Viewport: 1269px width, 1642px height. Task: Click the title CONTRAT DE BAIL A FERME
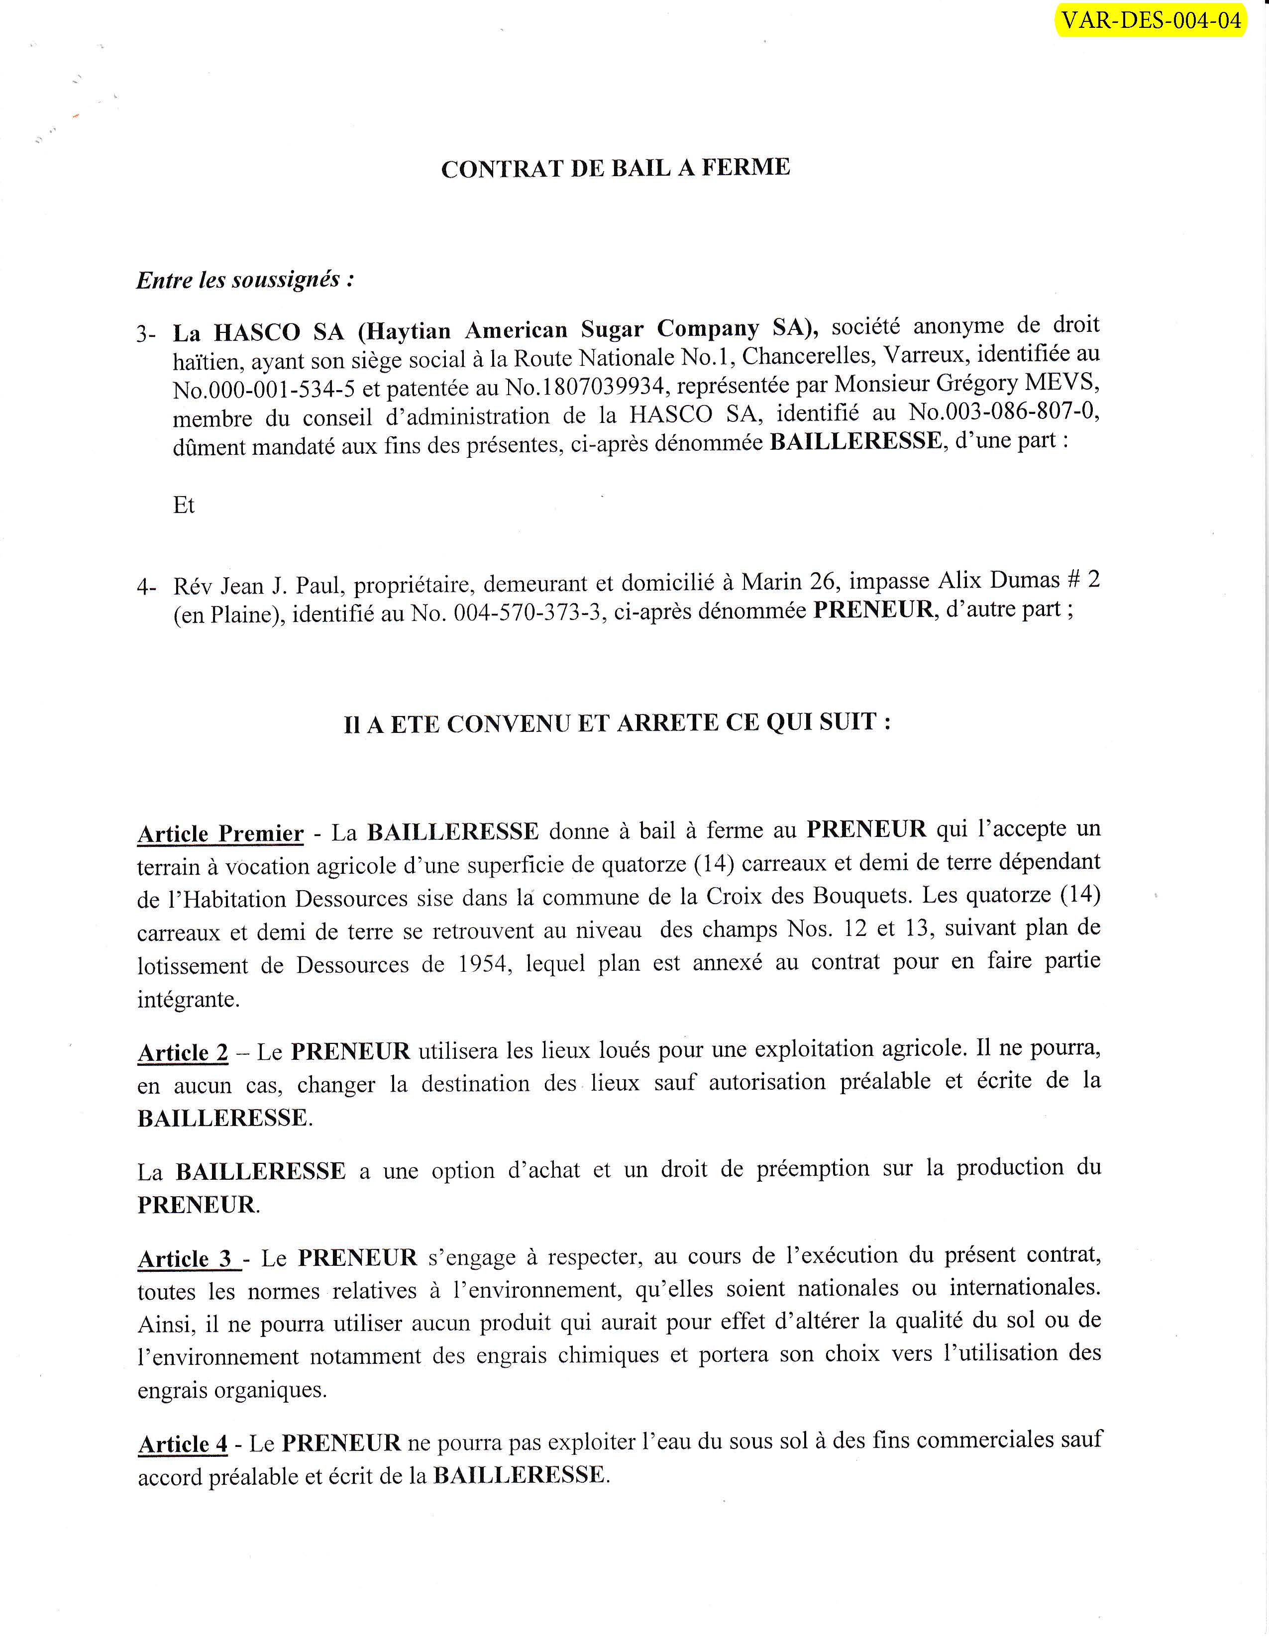pos(615,168)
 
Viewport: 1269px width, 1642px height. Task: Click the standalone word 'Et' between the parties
pos(184,505)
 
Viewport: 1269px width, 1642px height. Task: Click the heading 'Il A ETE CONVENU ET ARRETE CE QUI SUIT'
pos(617,723)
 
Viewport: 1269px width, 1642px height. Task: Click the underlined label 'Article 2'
pos(183,1052)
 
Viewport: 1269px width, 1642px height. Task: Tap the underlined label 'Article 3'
pos(187,1258)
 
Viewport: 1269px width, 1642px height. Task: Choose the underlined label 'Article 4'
pos(183,1444)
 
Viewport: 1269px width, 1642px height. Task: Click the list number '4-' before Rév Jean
pos(147,587)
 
